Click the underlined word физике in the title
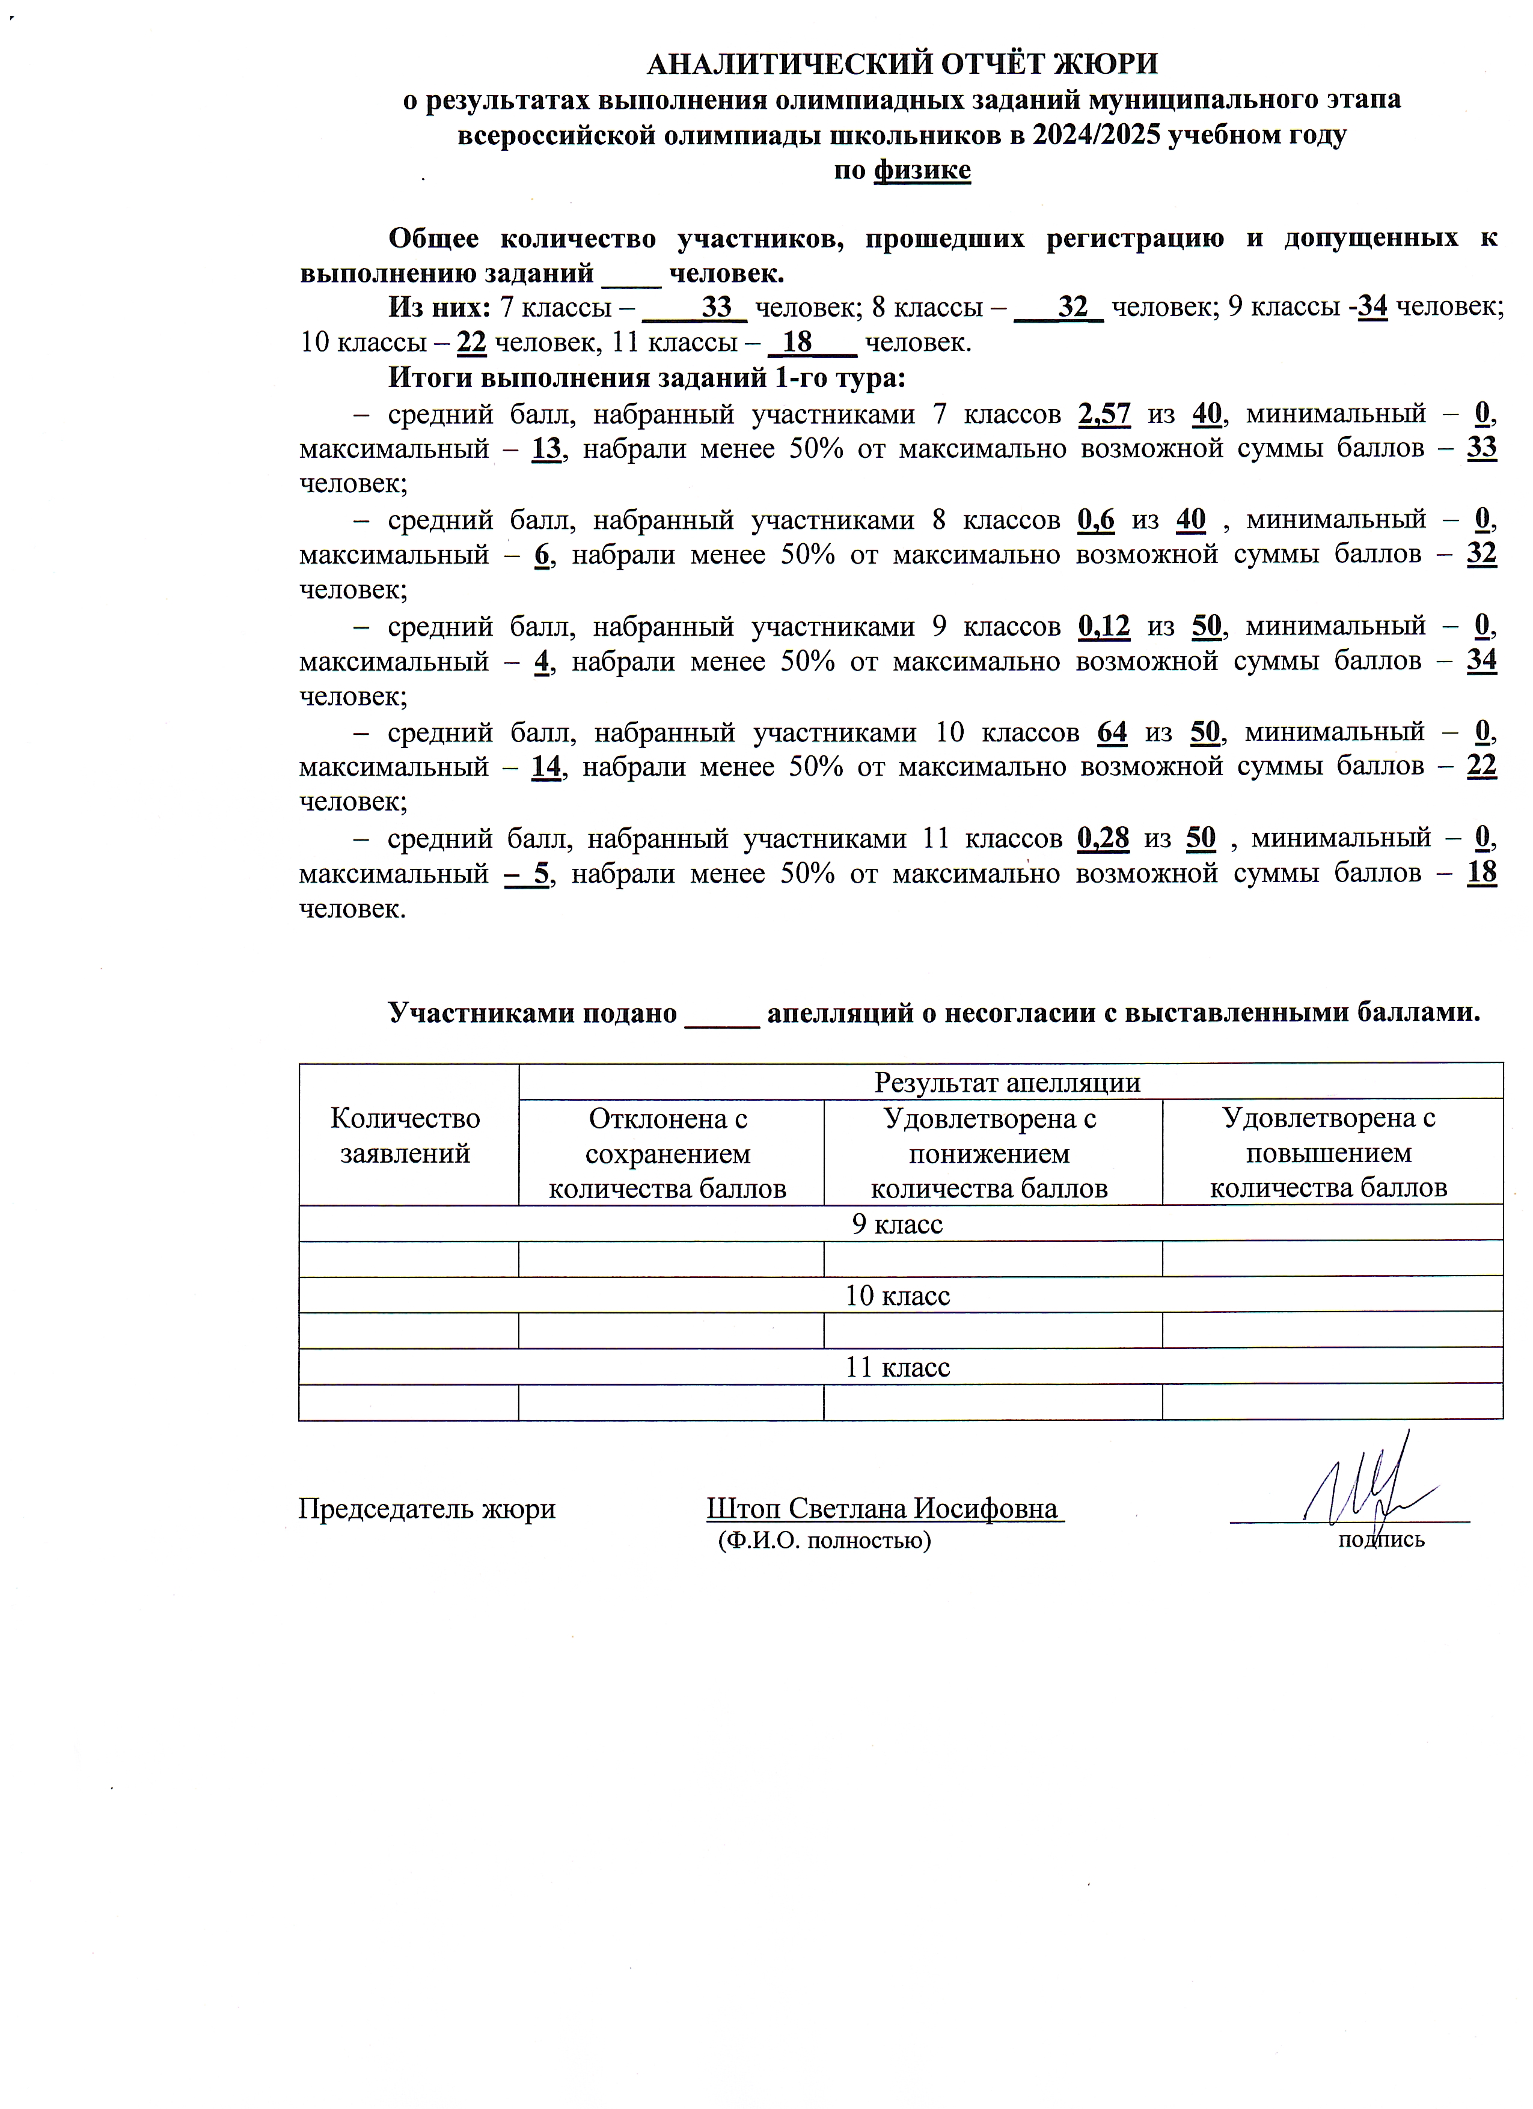[921, 170]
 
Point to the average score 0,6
[1096, 520]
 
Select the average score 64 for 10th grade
[1112, 733]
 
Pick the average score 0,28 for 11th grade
[1103, 839]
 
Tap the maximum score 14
[546, 768]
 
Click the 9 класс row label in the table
[897, 1224]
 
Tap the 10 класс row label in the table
[897, 1295]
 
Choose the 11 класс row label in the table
[897, 1367]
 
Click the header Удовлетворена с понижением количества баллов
[989, 1153]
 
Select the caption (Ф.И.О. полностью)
[824, 1541]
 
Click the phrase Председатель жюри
[426, 1508]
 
